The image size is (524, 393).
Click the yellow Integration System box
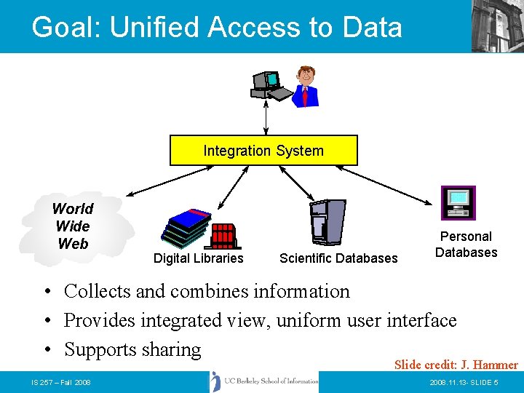click(x=263, y=151)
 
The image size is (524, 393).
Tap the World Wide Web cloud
click(x=73, y=226)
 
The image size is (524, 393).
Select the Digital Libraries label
click(x=198, y=258)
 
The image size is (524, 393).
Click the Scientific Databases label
click(x=338, y=258)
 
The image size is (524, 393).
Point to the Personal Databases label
click(x=466, y=245)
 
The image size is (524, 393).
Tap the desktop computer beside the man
click(x=266, y=86)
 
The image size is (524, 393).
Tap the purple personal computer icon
click(x=458, y=202)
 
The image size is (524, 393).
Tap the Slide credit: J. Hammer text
click(x=456, y=365)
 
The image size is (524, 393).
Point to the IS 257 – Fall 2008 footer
click(x=61, y=383)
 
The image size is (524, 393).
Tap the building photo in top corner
click(x=497, y=25)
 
